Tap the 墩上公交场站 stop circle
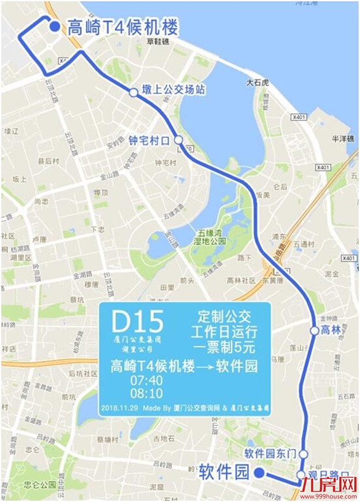pos(133,92)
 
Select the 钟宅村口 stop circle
pos(179,139)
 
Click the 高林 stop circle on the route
pos(314,330)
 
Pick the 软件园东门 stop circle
pos(303,454)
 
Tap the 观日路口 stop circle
pos(301,475)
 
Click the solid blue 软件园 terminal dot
pos(259,473)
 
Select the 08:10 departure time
pos(147,394)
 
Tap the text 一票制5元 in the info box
pos(225,347)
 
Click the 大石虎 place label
pos(257,82)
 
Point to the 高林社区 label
pos(241,280)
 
